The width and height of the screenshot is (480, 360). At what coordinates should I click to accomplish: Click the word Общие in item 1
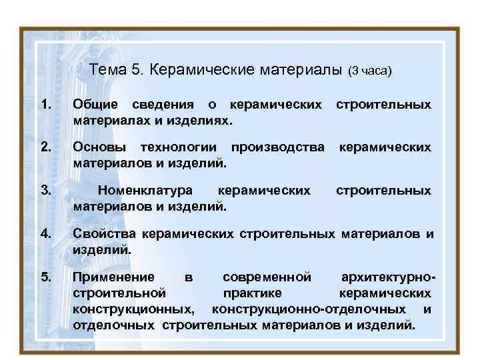95,105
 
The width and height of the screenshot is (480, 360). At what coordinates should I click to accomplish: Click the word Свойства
104,233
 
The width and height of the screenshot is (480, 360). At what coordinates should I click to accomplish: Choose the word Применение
113,276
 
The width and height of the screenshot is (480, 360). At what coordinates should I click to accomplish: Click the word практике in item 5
253,293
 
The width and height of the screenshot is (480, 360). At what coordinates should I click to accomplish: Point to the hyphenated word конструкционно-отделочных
309,309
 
